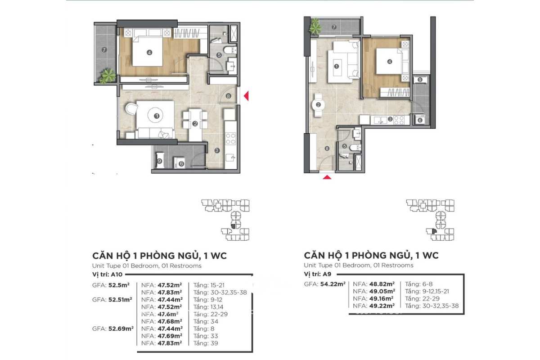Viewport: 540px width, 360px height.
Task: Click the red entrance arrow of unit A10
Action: pos(247,96)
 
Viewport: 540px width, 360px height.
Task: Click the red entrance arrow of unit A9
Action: pos(327,177)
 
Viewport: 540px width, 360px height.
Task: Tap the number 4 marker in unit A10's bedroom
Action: pos(149,52)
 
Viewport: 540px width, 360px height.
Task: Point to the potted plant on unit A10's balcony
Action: pos(107,76)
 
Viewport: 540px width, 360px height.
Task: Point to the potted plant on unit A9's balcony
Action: pos(315,26)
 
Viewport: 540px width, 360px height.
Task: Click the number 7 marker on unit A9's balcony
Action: pos(334,27)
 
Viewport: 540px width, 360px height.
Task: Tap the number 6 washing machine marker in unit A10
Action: pos(181,164)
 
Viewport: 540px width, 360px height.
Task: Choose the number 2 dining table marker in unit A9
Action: pos(318,105)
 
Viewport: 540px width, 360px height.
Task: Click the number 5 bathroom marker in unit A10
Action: pos(219,55)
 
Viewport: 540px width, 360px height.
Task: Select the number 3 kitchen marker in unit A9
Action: pos(390,119)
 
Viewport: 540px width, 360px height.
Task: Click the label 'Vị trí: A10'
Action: pos(107,274)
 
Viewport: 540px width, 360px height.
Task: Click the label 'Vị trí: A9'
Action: pos(318,274)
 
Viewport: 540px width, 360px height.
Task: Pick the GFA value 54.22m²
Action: pos(333,284)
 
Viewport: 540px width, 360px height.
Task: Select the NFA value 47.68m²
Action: pos(170,321)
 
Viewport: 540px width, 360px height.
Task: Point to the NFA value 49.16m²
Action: pos(382,298)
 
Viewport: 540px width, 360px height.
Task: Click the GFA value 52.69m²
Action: pos(121,328)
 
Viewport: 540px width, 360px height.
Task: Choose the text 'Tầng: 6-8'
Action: pos(419,284)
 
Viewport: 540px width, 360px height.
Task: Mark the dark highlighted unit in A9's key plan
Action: pos(434,231)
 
